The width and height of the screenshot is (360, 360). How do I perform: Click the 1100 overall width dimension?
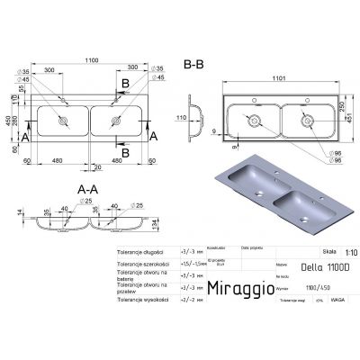[x=87, y=58]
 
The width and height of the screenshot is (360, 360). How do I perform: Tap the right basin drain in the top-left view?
[x=115, y=120]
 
